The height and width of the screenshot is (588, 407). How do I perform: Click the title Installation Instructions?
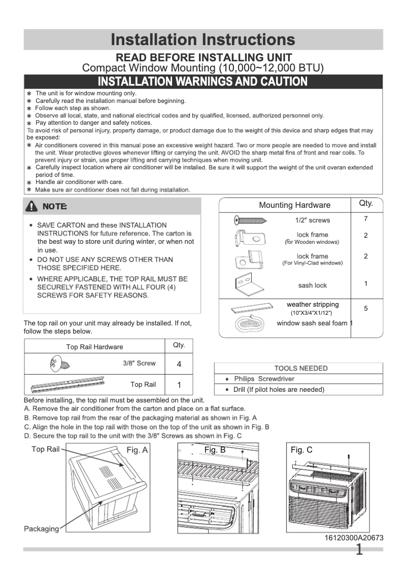tap(203, 40)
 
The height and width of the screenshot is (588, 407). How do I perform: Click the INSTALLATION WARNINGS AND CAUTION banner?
tap(203, 82)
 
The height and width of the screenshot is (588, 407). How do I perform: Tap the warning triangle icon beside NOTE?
tap(32, 206)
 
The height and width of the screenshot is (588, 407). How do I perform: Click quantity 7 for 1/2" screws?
tap(365, 219)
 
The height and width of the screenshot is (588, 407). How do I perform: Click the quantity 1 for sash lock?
tap(365, 284)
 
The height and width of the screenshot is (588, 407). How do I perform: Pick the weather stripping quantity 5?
tap(365, 308)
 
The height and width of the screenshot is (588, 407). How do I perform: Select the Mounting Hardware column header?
tap(294, 205)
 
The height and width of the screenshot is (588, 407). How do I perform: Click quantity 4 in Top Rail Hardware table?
tap(179, 364)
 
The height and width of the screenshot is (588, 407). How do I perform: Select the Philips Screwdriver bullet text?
tap(264, 379)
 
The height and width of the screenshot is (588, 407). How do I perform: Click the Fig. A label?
tap(137, 450)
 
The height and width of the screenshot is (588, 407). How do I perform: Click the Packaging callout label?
tap(41, 529)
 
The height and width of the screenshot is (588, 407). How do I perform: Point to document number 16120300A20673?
tap(354, 538)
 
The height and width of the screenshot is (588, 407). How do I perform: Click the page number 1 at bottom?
tap(359, 549)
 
